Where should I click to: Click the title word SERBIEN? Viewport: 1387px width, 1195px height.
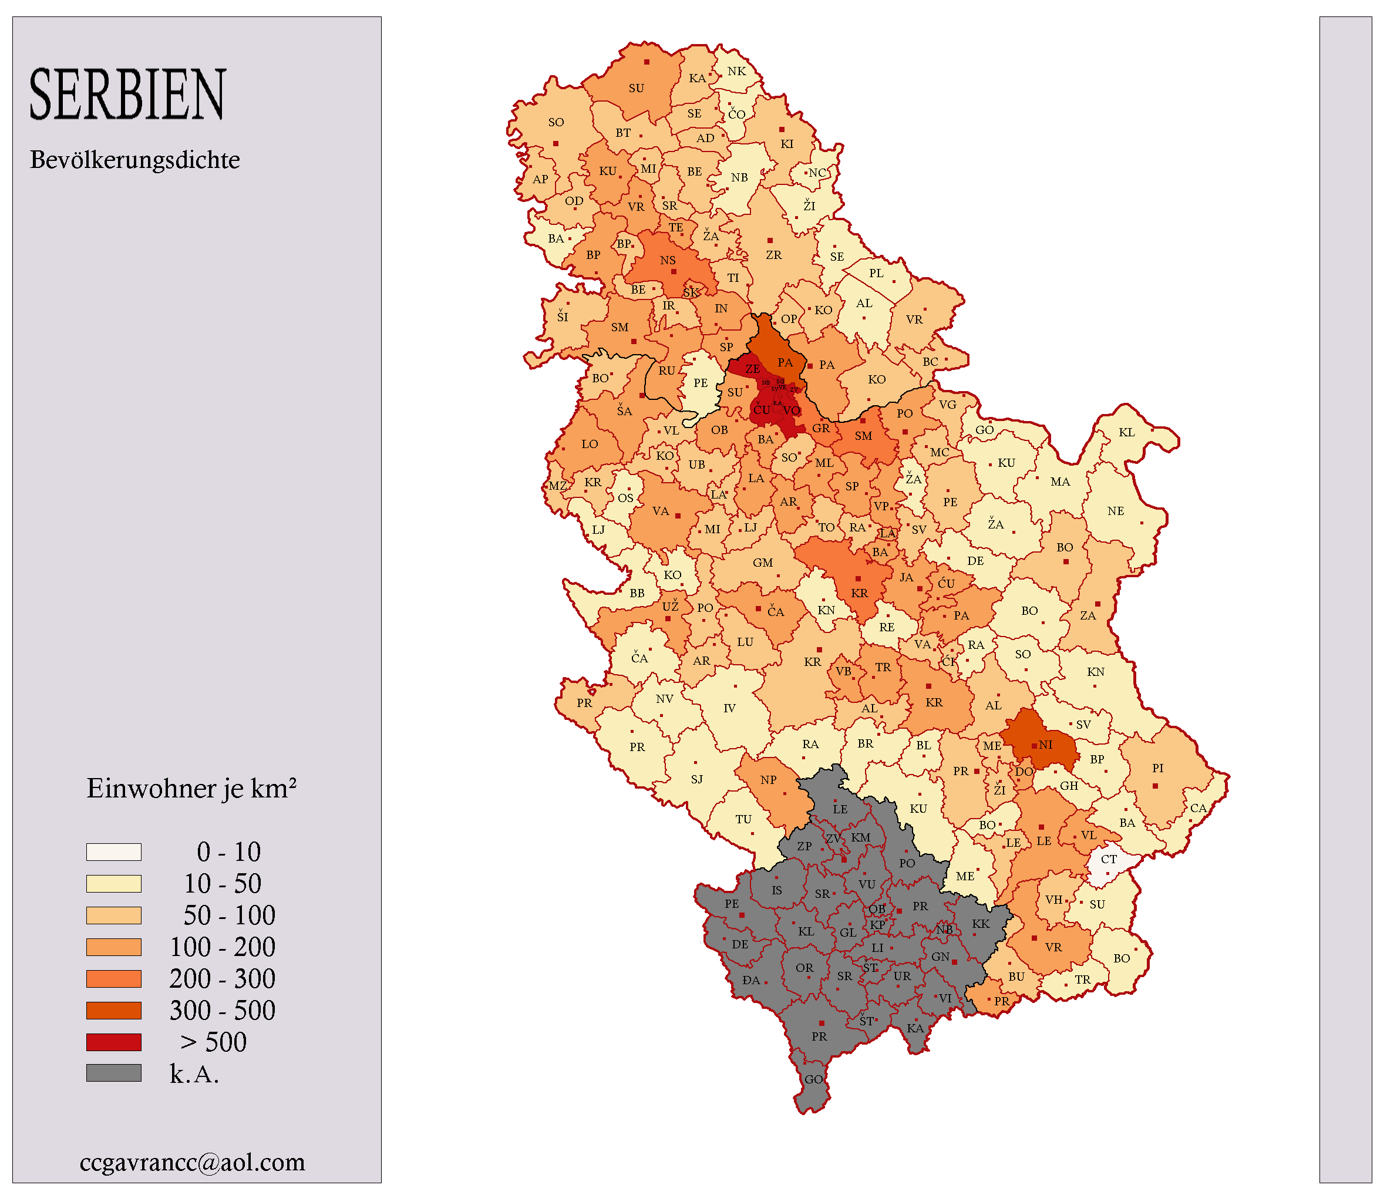coord(128,95)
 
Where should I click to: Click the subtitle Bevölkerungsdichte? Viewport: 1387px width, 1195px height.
coord(134,160)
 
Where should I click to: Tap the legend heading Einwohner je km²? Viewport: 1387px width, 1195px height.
coord(191,789)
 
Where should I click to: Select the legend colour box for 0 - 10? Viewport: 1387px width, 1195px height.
coord(114,851)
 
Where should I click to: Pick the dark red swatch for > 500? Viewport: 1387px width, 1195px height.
coord(114,1042)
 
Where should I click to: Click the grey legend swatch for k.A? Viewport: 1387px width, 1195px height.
coord(114,1074)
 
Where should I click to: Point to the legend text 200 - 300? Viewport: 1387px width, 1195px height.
coord(222,979)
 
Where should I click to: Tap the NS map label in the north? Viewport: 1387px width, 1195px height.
coord(668,260)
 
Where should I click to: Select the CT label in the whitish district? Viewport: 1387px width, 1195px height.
coord(1109,859)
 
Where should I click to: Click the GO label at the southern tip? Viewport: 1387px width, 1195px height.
coord(813,1079)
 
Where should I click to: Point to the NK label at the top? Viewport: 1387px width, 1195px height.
coord(736,71)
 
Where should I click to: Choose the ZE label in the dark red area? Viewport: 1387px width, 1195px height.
coord(752,369)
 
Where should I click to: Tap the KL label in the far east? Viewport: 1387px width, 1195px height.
coord(1127,432)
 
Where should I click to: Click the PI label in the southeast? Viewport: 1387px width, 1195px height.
coord(1158,768)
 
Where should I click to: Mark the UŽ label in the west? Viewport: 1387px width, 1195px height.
coord(670,607)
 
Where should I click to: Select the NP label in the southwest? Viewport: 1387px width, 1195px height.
coord(769,780)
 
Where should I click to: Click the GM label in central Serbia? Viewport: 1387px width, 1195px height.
coord(762,563)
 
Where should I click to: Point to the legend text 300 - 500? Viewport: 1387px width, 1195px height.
coord(222,1010)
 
